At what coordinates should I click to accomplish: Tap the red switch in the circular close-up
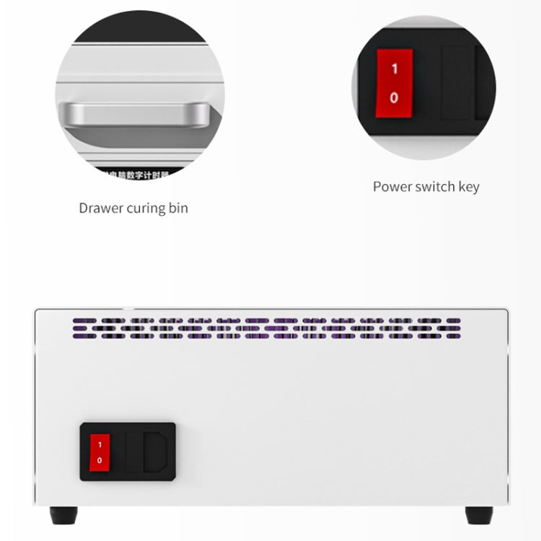click(394, 83)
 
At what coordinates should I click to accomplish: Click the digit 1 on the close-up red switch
click(394, 69)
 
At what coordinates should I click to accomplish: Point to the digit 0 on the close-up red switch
click(394, 97)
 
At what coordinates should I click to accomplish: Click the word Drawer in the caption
click(101, 208)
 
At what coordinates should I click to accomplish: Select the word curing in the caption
click(148, 209)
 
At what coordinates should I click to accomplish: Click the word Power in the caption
click(392, 187)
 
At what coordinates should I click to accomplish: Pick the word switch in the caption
click(436, 187)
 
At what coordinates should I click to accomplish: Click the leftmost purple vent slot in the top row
click(83, 320)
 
